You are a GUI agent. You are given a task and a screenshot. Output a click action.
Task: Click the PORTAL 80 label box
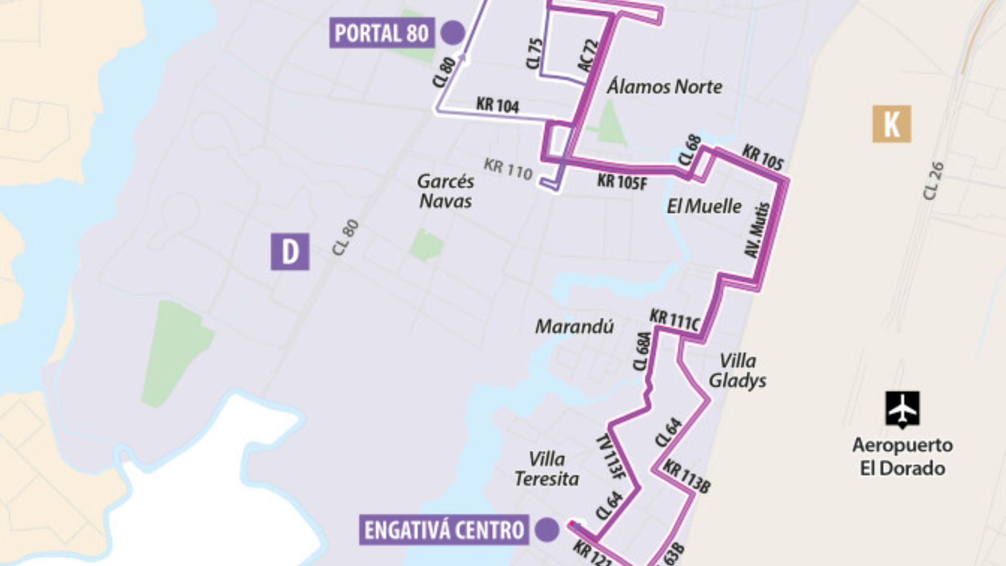pyautogui.click(x=381, y=33)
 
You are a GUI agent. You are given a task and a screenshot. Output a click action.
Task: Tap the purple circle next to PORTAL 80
pyautogui.click(x=453, y=32)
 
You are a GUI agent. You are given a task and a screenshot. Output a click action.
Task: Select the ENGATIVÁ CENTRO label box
pyautogui.click(x=444, y=530)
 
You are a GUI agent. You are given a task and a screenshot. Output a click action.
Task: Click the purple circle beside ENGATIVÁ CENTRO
pyautogui.click(x=547, y=529)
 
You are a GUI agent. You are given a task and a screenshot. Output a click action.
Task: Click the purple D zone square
pyautogui.click(x=290, y=252)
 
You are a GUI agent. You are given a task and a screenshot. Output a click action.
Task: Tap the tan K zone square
pyautogui.click(x=891, y=124)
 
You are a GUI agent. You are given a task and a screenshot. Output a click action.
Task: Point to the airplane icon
pyautogui.click(x=903, y=409)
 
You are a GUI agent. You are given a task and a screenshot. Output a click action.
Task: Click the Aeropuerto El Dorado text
pyautogui.click(x=902, y=456)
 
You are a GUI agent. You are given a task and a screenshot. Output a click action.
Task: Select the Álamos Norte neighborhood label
pyautogui.click(x=664, y=86)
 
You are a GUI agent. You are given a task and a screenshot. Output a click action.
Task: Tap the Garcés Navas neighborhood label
pyautogui.click(x=445, y=191)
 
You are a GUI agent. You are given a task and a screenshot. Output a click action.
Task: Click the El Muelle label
pyautogui.click(x=704, y=206)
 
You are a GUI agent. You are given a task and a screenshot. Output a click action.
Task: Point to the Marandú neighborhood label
pyautogui.click(x=574, y=326)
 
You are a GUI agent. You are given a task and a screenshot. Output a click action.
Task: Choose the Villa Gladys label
pyautogui.click(x=737, y=371)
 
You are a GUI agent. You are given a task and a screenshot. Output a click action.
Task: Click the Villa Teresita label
pyautogui.click(x=546, y=469)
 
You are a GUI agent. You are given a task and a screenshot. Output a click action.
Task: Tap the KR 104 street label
pyautogui.click(x=497, y=105)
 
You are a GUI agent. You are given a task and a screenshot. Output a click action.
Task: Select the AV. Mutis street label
pyautogui.click(x=758, y=231)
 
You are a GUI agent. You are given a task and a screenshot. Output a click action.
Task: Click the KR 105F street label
pyautogui.click(x=622, y=182)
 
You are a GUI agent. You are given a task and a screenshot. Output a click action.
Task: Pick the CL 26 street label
pyautogui.click(x=933, y=181)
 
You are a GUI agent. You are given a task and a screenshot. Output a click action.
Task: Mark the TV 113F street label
pyautogui.click(x=608, y=456)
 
